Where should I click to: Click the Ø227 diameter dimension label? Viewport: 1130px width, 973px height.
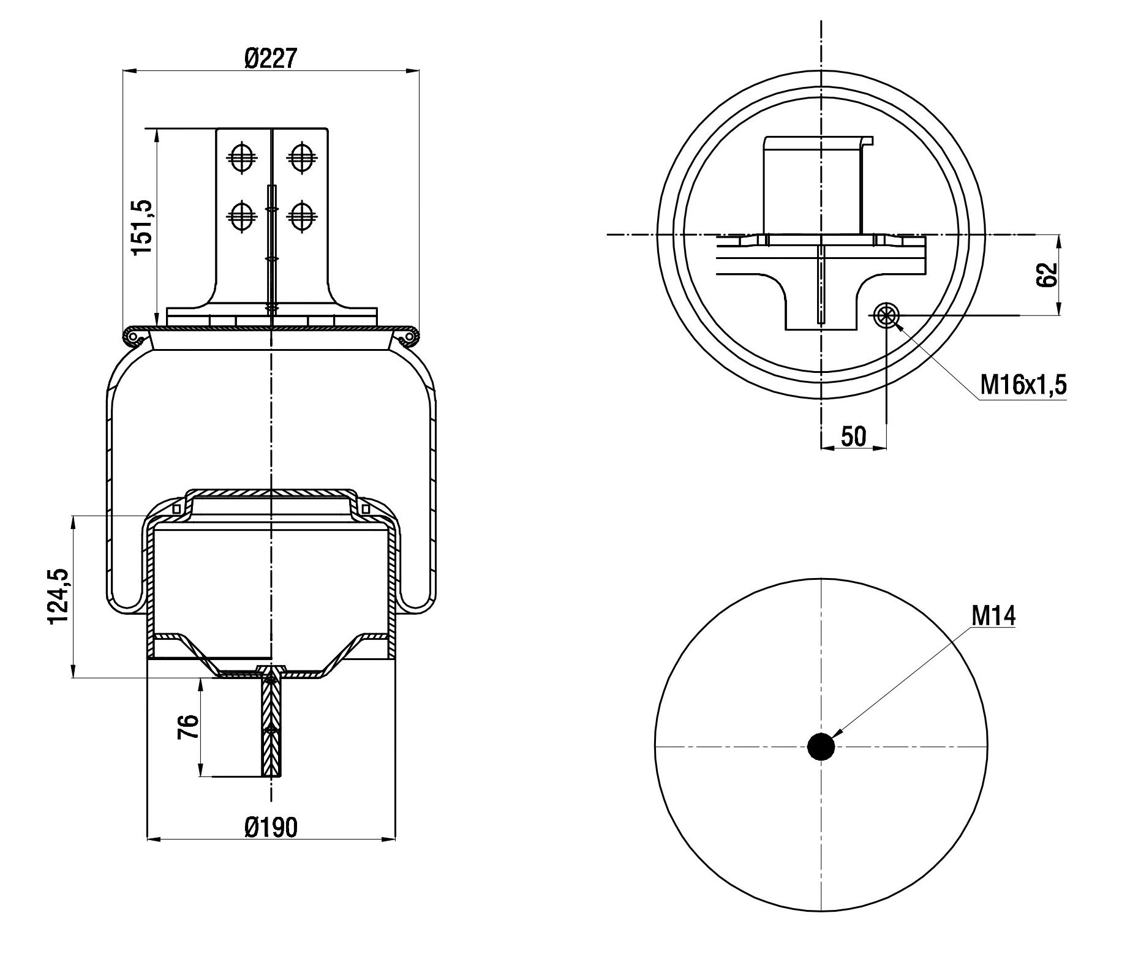pos(270,59)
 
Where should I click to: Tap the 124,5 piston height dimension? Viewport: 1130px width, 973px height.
pos(59,597)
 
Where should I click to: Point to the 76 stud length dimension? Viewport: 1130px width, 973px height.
pos(189,727)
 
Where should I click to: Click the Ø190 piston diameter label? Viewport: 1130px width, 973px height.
pos(271,827)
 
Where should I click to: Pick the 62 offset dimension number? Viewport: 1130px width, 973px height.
pos(1047,275)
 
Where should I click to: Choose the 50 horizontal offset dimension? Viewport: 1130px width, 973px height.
pos(853,436)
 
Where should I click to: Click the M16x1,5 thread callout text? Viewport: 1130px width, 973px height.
pos(1023,385)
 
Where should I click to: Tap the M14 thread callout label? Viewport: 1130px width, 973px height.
pos(993,616)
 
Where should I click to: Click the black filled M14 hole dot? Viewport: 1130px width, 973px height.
pos(821,746)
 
